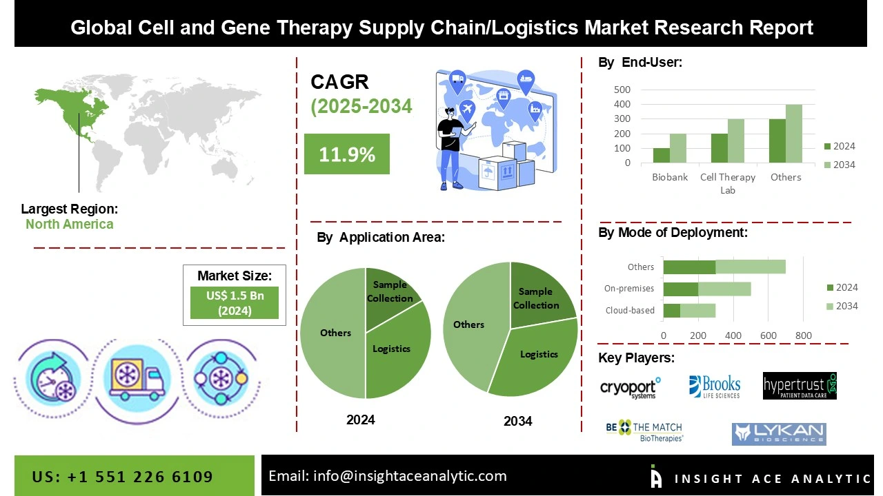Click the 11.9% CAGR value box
coord(347,154)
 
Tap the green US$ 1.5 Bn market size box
coord(234,303)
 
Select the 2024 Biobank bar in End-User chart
coord(662,156)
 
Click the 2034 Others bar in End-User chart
coord(793,134)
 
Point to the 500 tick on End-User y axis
coord(622,90)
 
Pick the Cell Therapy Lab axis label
coord(728,183)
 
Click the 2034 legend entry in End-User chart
coord(840,165)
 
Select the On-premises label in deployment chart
coord(629,289)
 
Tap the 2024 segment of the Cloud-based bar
coord(672,310)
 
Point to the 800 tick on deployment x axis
coord(803,335)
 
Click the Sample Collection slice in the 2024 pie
coord(390,292)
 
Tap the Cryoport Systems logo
coord(630,388)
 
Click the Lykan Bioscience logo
coord(779,433)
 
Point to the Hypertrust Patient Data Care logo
coord(800,386)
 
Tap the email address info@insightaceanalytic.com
coord(387,476)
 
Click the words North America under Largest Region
coord(70,224)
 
